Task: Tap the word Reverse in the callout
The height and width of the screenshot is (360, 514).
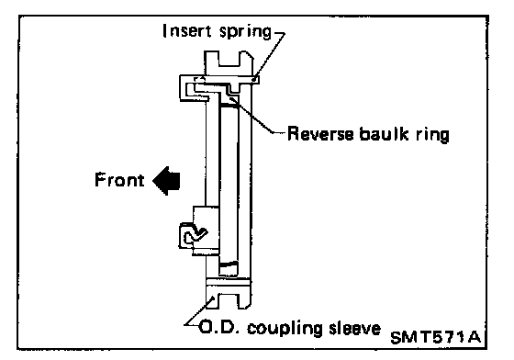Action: point(320,134)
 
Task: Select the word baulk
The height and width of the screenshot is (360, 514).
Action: point(384,134)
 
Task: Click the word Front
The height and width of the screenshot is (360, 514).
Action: point(119,180)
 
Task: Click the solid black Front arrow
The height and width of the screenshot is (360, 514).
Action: point(166,180)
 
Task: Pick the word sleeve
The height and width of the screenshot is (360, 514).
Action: point(354,328)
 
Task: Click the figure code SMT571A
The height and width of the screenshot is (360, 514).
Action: point(436,337)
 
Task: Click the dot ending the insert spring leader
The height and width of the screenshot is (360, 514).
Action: point(253,79)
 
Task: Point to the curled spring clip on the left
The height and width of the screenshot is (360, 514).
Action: point(194,235)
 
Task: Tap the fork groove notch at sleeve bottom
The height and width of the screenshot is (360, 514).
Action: point(226,300)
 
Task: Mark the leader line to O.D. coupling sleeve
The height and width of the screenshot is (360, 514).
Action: point(199,310)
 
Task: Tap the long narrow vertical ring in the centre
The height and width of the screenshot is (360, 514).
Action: point(229,186)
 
